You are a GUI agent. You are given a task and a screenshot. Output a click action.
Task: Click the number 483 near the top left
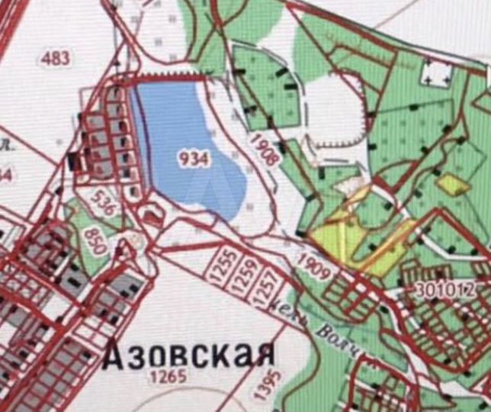pos(56,58)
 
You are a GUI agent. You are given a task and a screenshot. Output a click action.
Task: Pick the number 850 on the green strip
pos(95,239)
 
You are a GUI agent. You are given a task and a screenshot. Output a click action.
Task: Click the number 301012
pos(446,290)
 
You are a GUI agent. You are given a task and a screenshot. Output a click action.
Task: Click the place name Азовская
pos(187,355)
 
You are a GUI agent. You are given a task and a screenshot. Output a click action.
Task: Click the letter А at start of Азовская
pos(114,355)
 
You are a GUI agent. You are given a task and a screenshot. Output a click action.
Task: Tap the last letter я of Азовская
pos(262,355)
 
